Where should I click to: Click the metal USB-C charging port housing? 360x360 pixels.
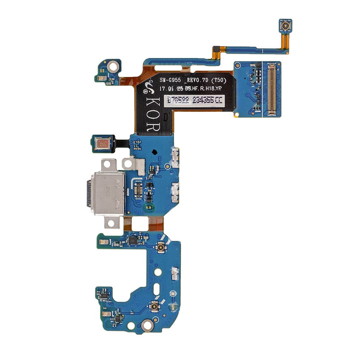(x=108, y=193)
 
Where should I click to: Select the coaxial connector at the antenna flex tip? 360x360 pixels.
(x=285, y=26)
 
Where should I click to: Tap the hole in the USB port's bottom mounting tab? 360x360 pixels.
(x=111, y=223)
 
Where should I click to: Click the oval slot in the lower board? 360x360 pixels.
(x=157, y=289)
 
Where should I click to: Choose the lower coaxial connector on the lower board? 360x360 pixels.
(x=155, y=307)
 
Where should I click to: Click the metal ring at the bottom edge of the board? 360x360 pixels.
(x=147, y=325)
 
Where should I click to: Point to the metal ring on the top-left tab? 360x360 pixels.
(x=113, y=66)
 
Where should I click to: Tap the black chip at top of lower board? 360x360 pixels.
(x=133, y=240)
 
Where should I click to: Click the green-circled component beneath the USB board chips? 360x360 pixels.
(x=148, y=207)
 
